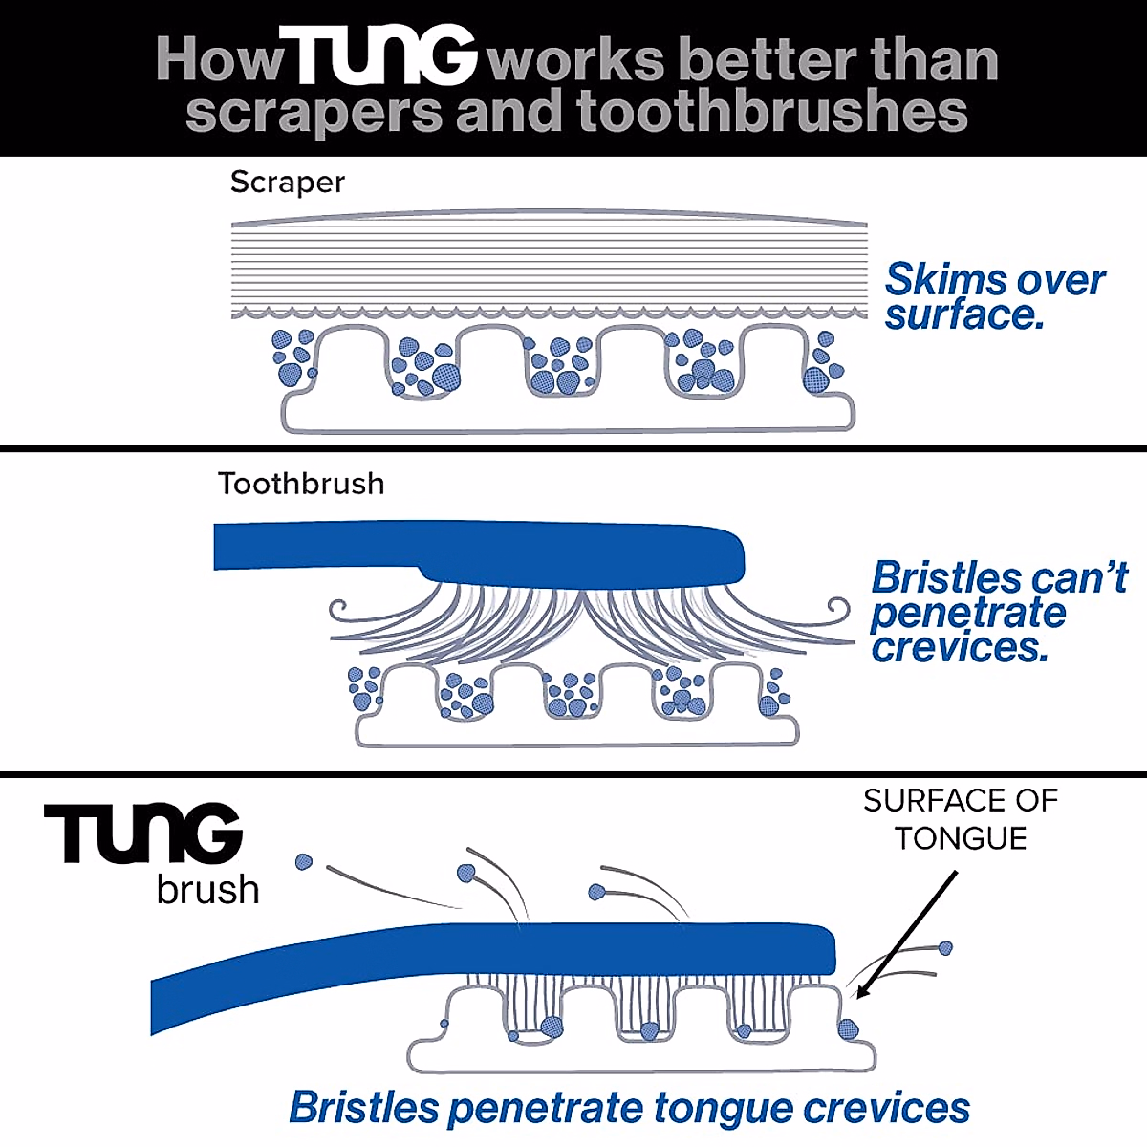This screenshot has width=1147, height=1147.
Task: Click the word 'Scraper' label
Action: tap(287, 182)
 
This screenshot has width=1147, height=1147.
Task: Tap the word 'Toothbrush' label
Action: tap(301, 484)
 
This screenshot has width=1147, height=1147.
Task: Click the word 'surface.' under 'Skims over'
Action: tap(963, 314)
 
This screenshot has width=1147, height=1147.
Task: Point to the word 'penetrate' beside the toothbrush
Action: tap(967, 614)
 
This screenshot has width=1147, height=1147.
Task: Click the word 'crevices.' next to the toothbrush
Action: tap(960, 648)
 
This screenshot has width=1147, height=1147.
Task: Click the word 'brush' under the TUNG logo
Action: tap(207, 890)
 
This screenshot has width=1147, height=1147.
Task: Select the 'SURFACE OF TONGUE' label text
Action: tap(961, 819)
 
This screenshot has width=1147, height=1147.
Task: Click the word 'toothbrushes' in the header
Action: tap(772, 112)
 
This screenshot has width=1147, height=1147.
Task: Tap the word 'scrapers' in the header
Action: tap(314, 112)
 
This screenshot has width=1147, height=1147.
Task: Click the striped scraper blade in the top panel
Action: tap(549, 263)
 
